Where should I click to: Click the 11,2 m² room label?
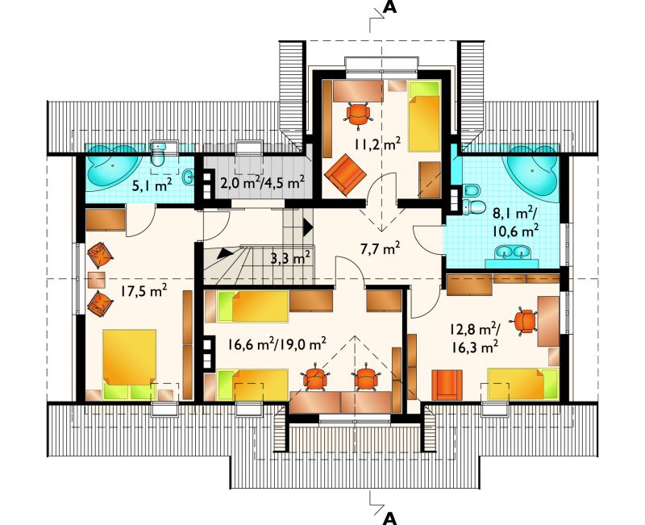(x=377, y=144)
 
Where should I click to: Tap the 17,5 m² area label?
(x=144, y=291)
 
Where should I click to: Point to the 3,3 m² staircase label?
(x=290, y=258)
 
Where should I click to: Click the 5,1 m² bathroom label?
(x=152, y=185)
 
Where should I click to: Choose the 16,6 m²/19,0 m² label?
(x=277, y=344)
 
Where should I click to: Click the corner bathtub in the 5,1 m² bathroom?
(x=112, y=165)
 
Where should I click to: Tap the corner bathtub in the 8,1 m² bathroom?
(x=532, y=171)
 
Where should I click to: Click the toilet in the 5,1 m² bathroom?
(x=158, y=154)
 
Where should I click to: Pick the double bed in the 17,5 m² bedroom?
(x=129, y=365)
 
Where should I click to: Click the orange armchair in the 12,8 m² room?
(x=447, y=385)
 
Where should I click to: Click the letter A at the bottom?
(x=390, y=519)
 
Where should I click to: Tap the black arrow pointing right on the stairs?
(x=308, y=227)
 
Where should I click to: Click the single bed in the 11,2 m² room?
(x=424, y=116)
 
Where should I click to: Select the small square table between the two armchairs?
(x=97, y=279)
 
